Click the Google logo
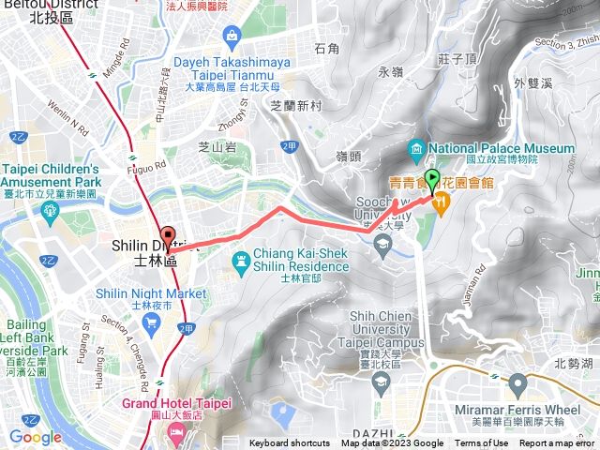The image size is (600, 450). (x=36, y=437)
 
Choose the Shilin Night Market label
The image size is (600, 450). (x=151, y=293)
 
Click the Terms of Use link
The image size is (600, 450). (x=481, y=443)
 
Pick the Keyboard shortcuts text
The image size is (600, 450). (x=290, y=443)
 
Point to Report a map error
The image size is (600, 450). (x=559, y=443)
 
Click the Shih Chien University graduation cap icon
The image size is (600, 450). (x=381, y=382)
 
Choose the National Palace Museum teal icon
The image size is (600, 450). (x=416, y=149)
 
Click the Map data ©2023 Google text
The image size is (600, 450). (x=404, y=443)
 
